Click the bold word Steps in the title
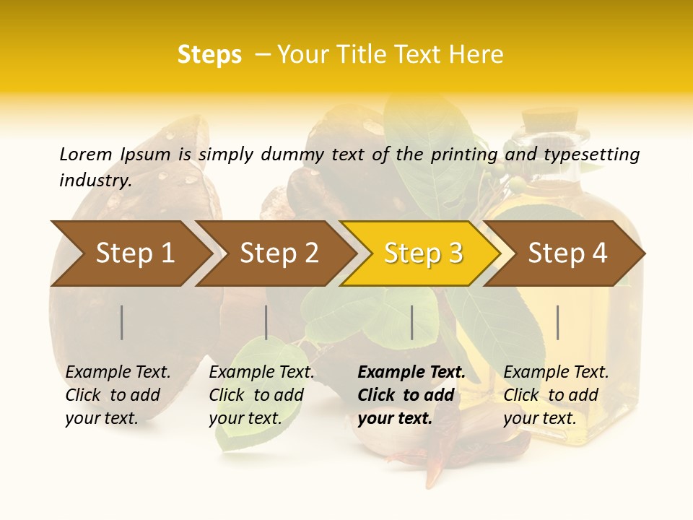(209, 55)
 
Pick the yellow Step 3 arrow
(423, 253)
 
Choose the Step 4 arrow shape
(567, 253)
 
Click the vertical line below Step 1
(122, 322)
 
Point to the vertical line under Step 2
(266, 322)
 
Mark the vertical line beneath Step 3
(412, 322)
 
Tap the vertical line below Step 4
(558, 322)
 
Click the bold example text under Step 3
(411, 395)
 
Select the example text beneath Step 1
(118, 395)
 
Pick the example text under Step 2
(261, 395)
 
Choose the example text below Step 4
(556, 395)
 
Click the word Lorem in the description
(86, 154)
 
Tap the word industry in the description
(95, 180)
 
